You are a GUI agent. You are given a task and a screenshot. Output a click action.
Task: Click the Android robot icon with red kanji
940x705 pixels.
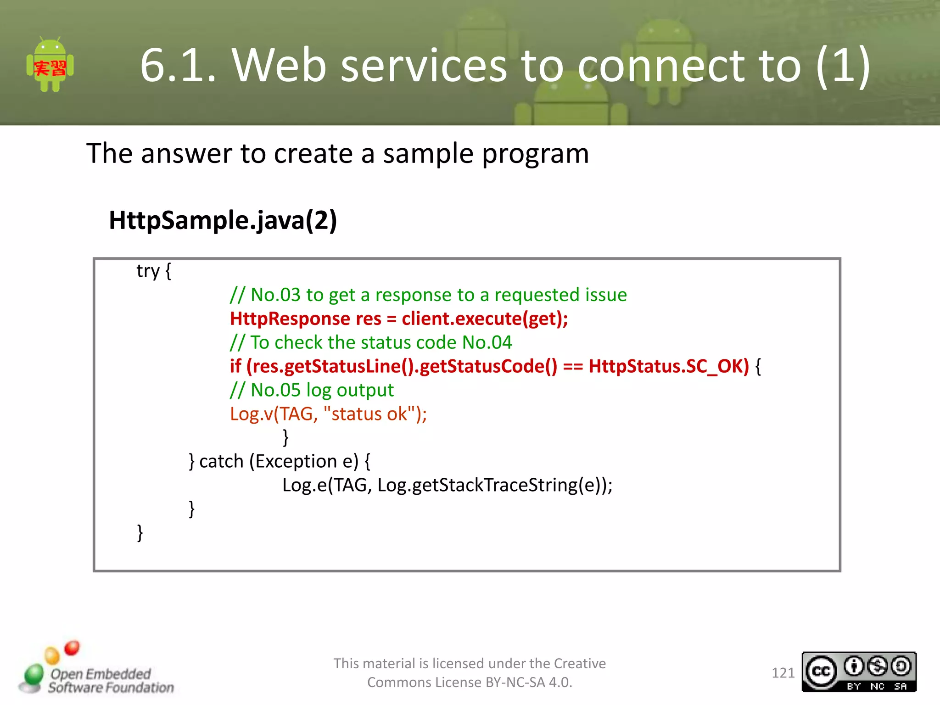point(50,66)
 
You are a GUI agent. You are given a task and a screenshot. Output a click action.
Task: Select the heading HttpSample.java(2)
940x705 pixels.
point(223,220)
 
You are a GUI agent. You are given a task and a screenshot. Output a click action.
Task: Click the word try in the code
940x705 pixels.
point(148,272)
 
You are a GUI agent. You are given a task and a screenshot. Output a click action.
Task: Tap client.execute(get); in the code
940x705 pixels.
point(485,319)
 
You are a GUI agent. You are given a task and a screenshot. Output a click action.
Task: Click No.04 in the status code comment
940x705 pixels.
point(487,342)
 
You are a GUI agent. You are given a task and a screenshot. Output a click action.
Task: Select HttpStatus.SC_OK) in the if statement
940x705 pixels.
point(668,366)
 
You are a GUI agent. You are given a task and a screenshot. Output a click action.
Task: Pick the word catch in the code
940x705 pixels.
point(221,461)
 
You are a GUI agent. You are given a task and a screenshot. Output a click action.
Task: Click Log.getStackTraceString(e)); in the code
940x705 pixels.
point(494,485)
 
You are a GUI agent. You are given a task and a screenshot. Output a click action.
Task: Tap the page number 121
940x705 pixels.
point(783,673)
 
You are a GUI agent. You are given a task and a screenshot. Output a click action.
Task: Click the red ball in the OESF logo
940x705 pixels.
point(72,648)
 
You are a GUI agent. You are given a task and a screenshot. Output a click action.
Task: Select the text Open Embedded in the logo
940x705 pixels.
point(101,674)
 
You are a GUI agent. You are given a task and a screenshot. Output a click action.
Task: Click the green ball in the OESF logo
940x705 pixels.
point(34,675)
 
